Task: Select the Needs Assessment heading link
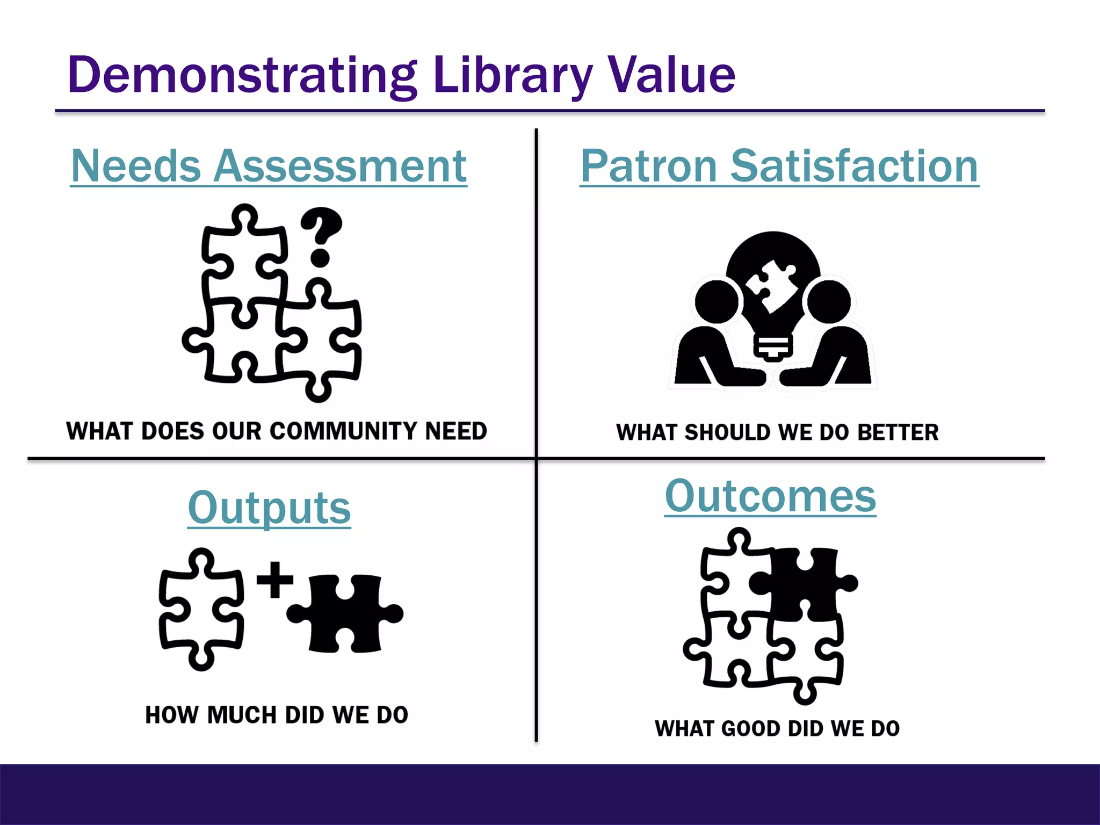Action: tap(269, 166)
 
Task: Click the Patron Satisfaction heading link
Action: tap(779, 166)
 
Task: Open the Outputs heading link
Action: tap(269, 508)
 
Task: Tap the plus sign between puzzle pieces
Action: tap(275, 580)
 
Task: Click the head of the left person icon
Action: tap(717, 301)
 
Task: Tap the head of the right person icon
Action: tap(829, 301)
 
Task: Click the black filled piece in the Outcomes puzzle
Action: tap(806, 583)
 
